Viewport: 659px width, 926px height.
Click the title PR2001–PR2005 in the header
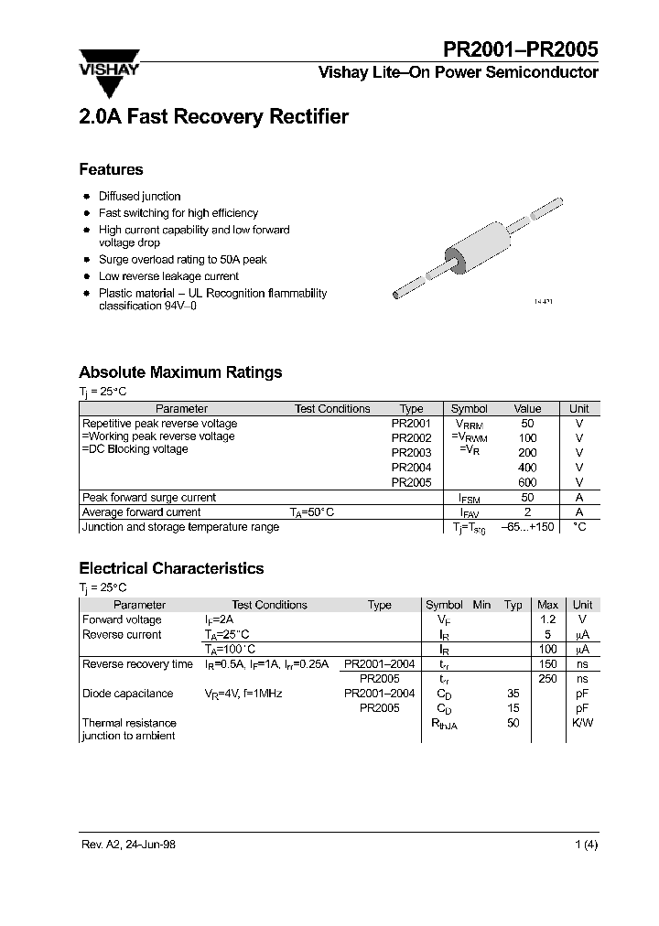[522, 50]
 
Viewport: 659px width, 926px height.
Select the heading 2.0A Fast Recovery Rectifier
[213, 117]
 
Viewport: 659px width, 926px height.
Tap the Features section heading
[111, 169]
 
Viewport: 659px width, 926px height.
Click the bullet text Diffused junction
[139, 196]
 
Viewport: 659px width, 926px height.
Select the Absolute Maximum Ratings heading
[180, 372]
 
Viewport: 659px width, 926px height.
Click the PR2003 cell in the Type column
[411, 453]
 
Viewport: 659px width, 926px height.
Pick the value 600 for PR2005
[527, 482]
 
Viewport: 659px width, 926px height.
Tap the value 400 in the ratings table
[527, 468]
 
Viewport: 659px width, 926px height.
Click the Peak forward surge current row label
[148, 498]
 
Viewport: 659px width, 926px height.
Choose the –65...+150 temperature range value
[527, 528]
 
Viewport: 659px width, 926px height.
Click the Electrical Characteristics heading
[171, 568]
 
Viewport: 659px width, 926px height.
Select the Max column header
[547, 605]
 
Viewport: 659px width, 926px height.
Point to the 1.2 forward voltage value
[547, 619]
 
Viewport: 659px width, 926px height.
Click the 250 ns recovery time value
[547, 679]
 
